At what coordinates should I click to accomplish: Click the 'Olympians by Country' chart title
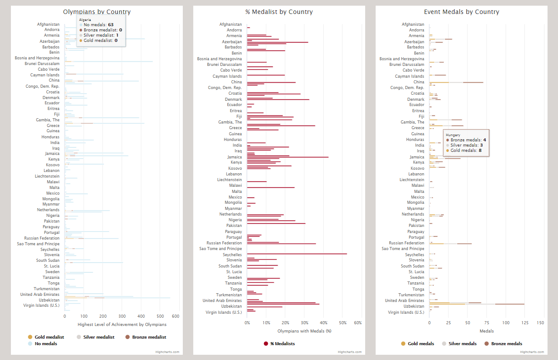[x=96, y=12]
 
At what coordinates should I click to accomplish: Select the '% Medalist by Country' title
[x=279, y=12]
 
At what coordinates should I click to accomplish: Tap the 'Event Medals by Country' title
[x=461, y=12]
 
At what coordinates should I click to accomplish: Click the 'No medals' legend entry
[x=45, y=344]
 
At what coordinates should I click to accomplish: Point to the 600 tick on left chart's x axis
[x=176, y=316]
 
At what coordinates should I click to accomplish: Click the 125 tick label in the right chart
[x=524, y=323]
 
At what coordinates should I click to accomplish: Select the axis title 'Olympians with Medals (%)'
[x=304, y=331]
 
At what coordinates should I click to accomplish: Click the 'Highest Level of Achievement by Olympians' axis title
[x=122, y=324]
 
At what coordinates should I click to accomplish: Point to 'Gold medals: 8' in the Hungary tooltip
[x=465, y=150]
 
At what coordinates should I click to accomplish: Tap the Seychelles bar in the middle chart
[x=297, y=254]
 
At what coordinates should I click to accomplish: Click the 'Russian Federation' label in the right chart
[x=406, y=243]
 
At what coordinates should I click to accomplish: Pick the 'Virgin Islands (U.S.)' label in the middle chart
[x=224, y=312]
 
